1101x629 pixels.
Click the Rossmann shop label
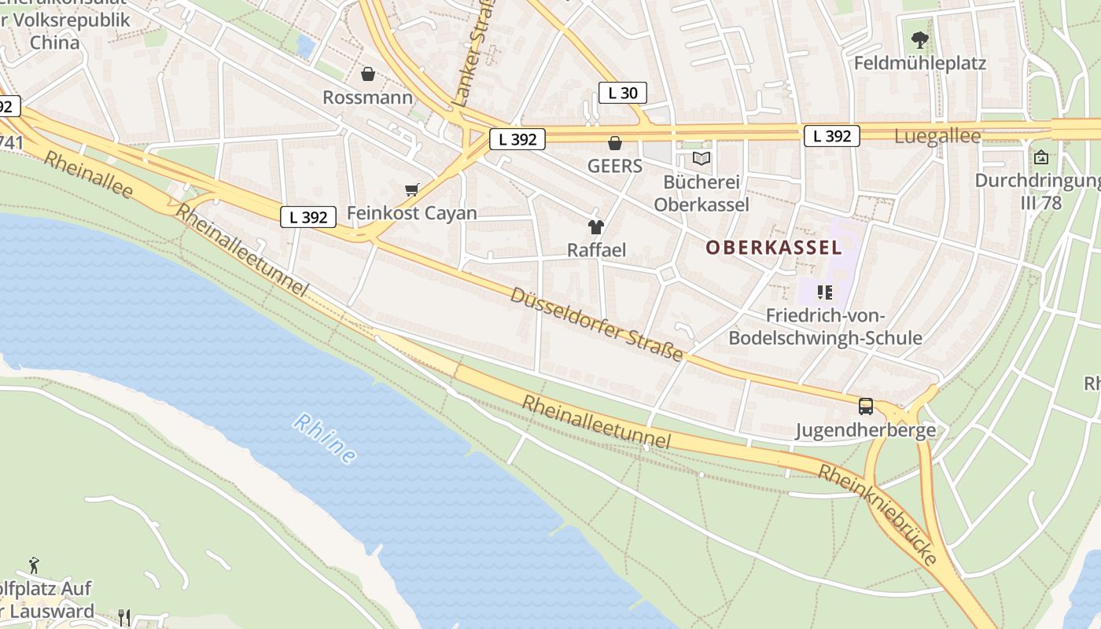(367, 97)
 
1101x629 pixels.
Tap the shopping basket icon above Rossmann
(367, 74)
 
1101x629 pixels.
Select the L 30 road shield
(623, 93)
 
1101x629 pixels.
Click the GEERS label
(615, 166)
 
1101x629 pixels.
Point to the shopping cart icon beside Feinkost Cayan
(411, 189)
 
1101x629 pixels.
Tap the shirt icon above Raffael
(596, 227)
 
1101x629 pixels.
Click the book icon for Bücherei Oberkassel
(701, 159)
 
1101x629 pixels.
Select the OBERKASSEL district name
(773, 248)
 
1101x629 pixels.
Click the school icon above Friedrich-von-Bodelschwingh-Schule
(825, 292)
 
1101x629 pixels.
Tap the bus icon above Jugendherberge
(866, 406)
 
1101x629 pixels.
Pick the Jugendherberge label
(865, 430)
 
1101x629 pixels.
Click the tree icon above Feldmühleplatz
(919, 39)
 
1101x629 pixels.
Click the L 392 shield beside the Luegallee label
(832, 136)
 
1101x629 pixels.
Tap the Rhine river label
(325, 439)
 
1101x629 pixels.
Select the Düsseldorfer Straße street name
(597, 324)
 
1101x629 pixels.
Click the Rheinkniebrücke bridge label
(878, 514)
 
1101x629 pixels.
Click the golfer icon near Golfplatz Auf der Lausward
(34, 565)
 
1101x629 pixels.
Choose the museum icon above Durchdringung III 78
(1041, 158)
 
